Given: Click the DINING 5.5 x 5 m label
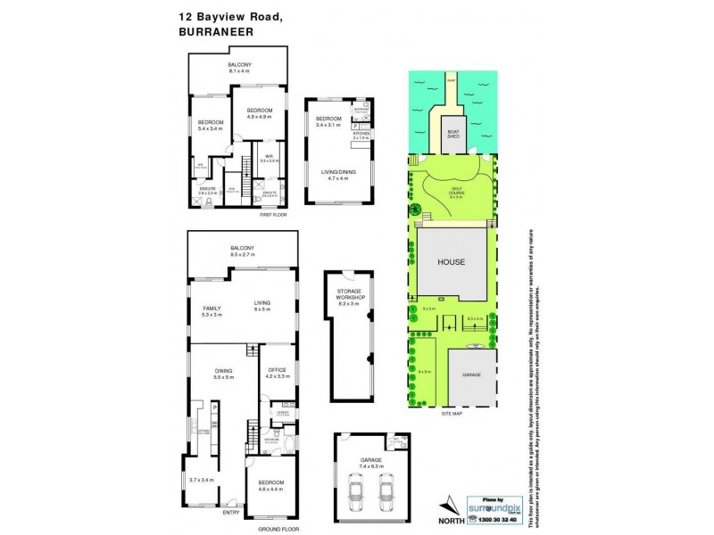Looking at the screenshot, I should (223, 375).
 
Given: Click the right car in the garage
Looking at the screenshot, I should (386, 491).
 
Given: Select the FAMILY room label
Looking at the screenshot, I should (212, 310).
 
